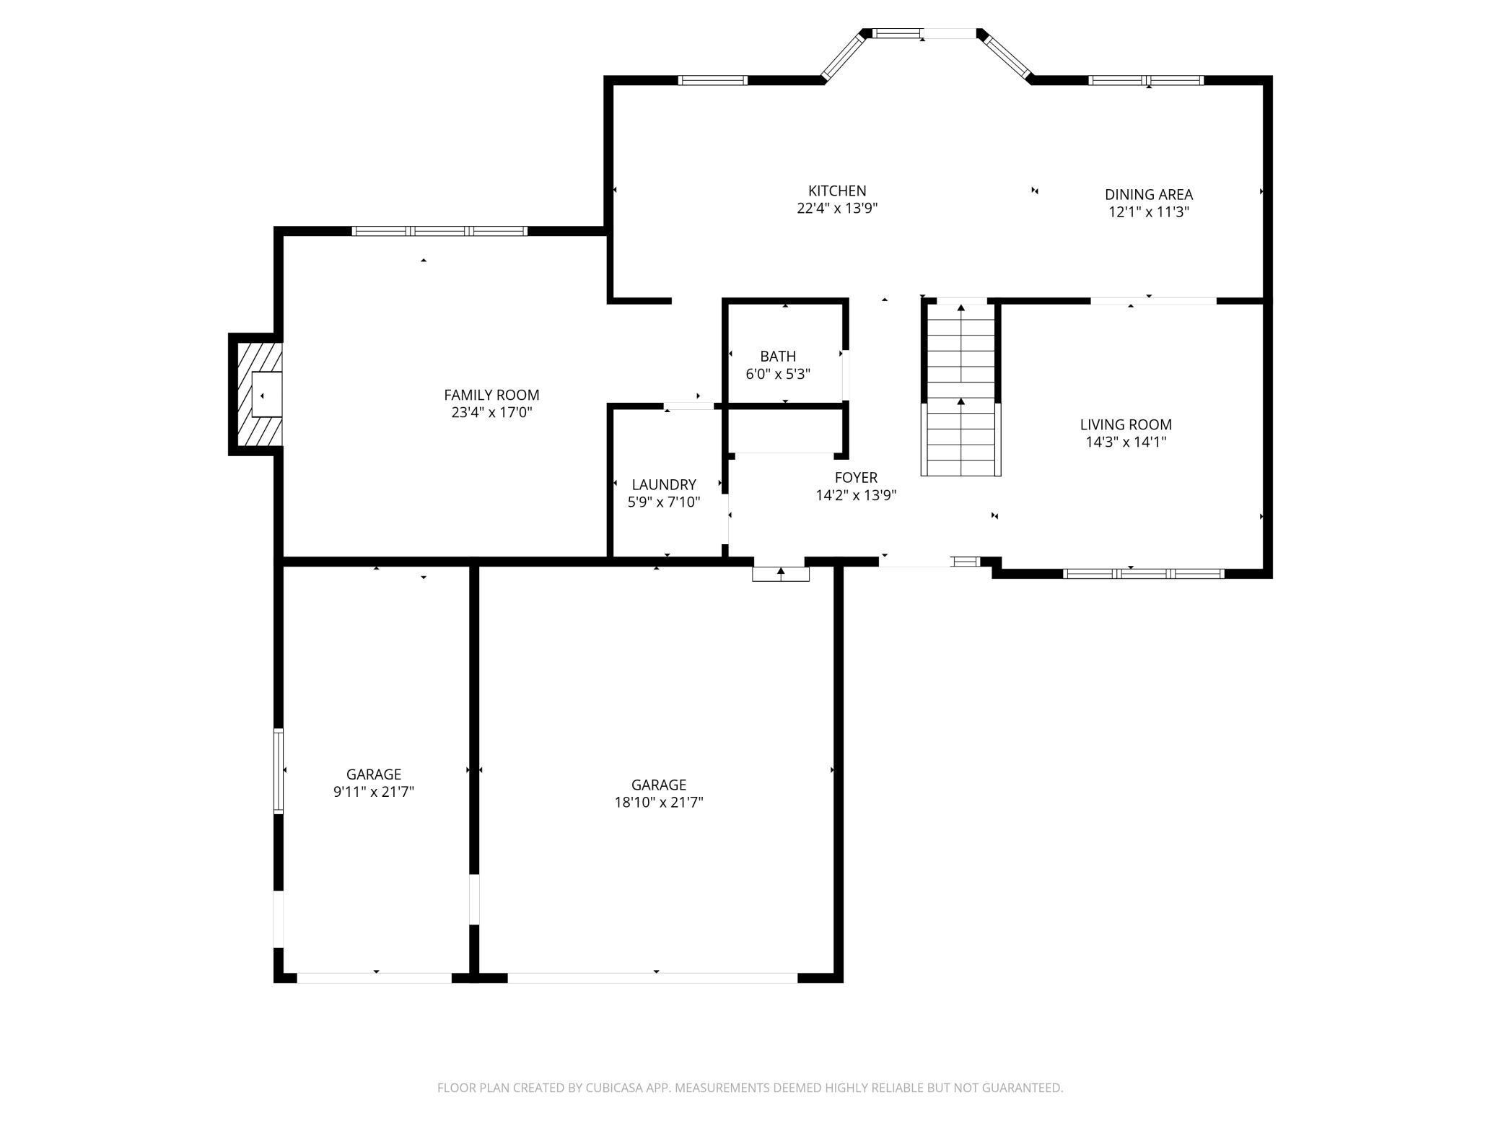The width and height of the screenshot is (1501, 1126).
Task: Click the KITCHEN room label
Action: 837,191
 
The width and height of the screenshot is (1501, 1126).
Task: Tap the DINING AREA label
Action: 1149,195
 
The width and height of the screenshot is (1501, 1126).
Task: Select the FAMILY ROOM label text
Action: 491,396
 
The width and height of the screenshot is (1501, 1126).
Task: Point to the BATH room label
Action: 778,357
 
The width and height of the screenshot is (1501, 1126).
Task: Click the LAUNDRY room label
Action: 664,485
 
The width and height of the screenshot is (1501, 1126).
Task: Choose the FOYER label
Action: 856,478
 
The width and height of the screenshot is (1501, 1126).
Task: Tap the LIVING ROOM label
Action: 1126,425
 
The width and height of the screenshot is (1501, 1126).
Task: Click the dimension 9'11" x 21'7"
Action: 373,792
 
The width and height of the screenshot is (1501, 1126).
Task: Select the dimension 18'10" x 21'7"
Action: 659,802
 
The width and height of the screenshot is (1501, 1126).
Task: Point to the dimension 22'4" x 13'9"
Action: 837,209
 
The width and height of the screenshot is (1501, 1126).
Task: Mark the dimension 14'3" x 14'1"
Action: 1126,442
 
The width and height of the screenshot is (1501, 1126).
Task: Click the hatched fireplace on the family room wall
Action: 256,395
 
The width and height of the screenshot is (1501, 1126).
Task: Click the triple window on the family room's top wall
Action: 439,232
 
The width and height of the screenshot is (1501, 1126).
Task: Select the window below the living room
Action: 1144,574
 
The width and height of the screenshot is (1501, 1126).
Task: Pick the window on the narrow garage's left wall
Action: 279,772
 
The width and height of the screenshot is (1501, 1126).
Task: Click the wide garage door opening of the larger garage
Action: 653,978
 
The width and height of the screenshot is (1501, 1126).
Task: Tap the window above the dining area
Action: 1146,80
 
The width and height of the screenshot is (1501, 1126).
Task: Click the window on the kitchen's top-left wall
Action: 713,80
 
